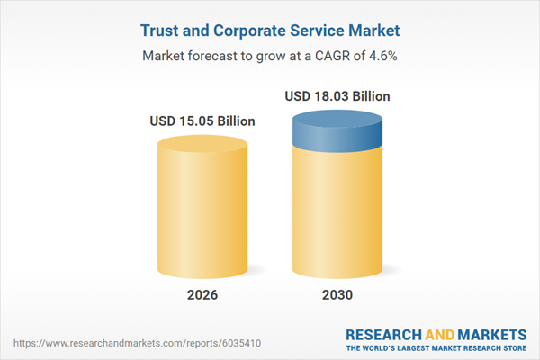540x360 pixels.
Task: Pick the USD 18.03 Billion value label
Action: point(337,96)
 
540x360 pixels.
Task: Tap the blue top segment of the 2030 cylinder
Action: point(337,132)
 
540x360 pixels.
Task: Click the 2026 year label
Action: point(202,295)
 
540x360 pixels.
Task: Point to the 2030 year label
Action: point(337,295)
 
